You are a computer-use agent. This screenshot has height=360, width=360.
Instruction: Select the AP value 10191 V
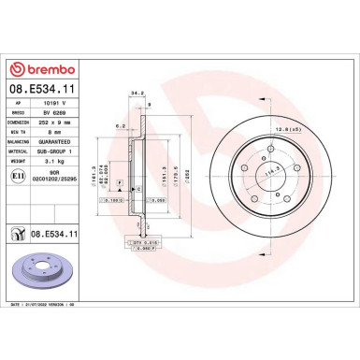(54, 104)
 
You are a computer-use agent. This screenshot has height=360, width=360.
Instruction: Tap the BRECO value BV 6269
(52, 112)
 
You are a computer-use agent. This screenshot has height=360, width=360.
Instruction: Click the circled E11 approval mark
(17, 174)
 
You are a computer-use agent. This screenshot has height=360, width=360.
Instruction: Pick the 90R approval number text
(54, 170)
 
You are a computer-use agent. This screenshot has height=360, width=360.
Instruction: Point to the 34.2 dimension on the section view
(136, 94)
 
